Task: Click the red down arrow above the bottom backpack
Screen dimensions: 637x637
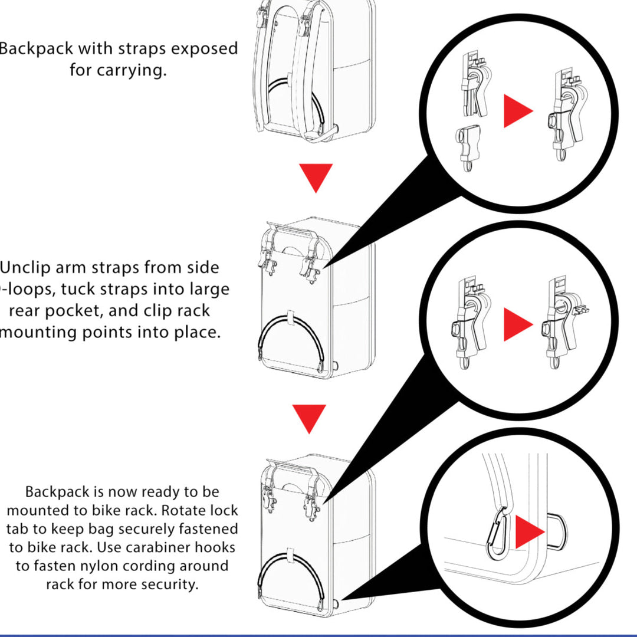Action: point(309,418)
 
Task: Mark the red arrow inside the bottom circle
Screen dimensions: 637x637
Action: point(528,532)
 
